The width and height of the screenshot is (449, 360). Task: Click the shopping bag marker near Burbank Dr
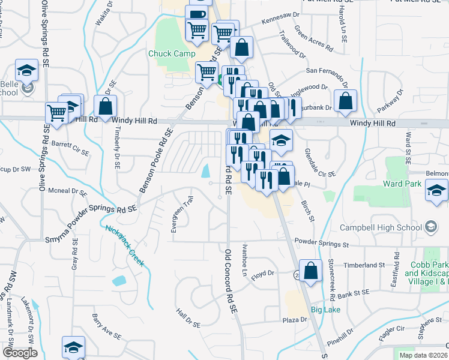(346, 101)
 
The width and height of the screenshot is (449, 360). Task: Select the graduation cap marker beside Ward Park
(436, 191)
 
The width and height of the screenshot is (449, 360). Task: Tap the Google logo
(19, 353)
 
